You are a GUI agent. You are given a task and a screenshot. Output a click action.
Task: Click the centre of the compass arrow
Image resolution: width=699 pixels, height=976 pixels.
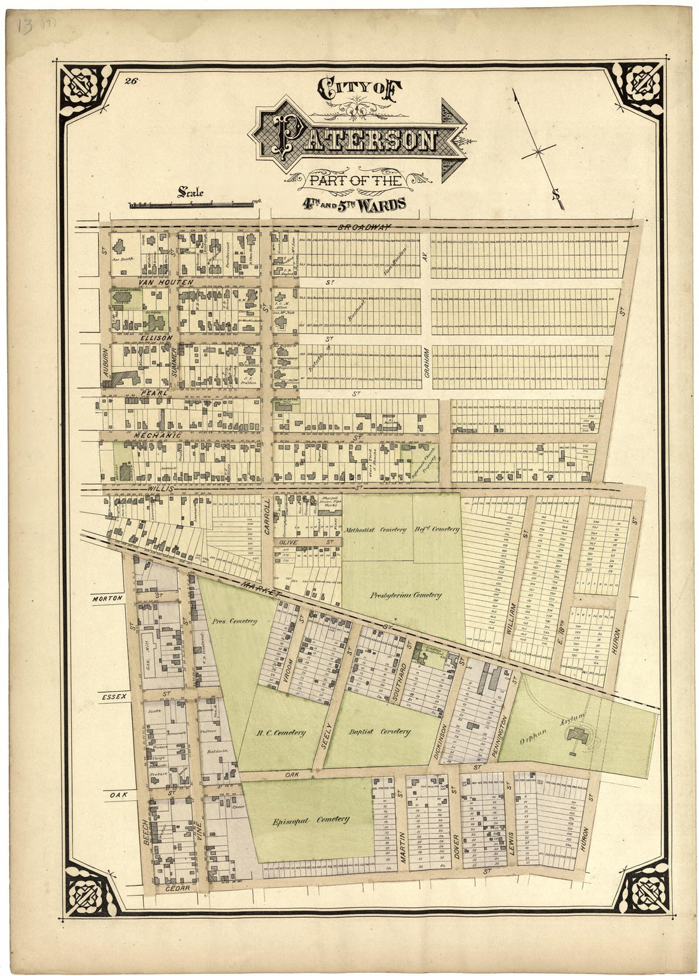(538, 151)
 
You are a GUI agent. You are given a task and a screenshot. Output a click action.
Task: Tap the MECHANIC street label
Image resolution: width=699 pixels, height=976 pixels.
(158, 435)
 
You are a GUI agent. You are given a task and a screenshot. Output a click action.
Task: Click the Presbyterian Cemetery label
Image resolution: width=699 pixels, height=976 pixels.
(405, 595)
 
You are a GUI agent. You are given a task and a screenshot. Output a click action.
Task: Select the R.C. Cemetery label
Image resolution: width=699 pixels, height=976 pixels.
(280, 732)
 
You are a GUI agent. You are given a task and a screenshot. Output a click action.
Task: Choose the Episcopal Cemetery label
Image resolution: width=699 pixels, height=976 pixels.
(311, 819)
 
